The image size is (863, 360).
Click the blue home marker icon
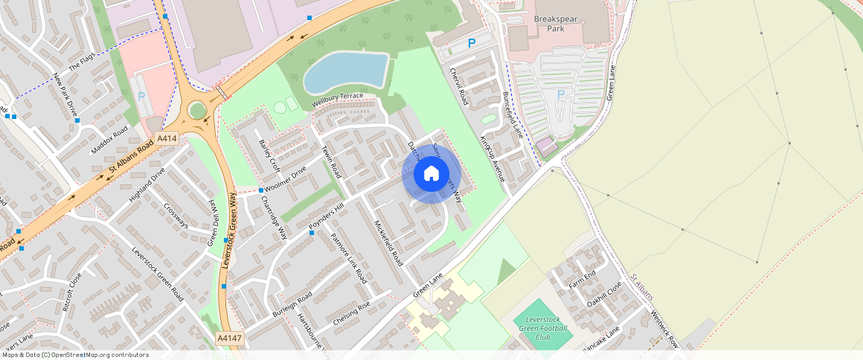(x=431, y=174)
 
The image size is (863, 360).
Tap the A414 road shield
(x=167, y=138)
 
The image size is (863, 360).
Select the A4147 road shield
(x=230, y=338)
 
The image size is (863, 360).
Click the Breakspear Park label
(x=559, y=23)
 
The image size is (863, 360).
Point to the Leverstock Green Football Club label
(x=542, y=328)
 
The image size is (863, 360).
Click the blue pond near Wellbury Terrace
(x=347, y=71)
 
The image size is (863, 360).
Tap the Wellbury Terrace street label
(x=338, y=100)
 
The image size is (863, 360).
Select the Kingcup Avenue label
(x=493, y=158)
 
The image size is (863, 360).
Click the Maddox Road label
(x=109, y=140)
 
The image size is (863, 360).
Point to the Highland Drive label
(x=147, y=185)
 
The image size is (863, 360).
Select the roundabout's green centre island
(x=197, y=111)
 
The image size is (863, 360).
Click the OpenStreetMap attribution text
(x=75, y=355)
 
